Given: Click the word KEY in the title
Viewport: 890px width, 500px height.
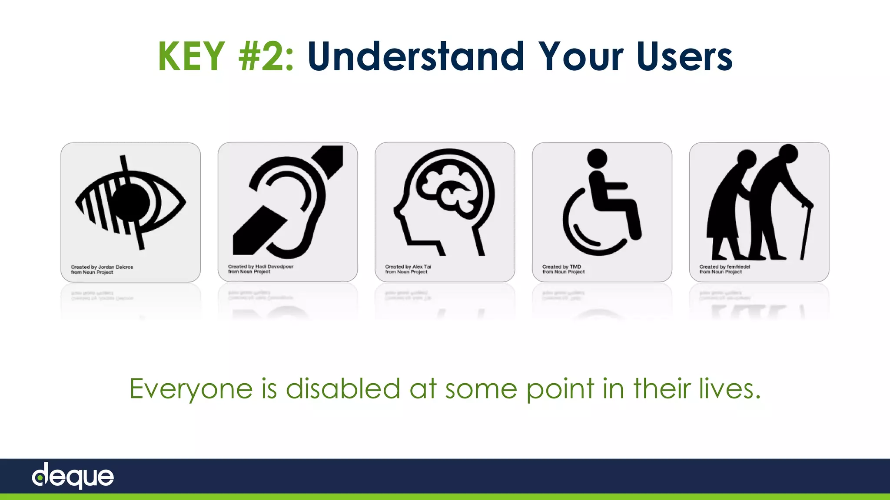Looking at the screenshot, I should tap(191, 56).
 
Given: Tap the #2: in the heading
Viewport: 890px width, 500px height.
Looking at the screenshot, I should tap(266, 56).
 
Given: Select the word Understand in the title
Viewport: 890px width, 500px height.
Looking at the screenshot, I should tap(416, 56).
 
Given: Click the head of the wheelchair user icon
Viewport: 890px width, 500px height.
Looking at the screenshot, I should tap(597, 158).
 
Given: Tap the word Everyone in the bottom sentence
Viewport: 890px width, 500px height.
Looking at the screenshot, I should tap(191, 389).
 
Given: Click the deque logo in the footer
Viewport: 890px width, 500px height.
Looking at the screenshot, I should tap(73, 476).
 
